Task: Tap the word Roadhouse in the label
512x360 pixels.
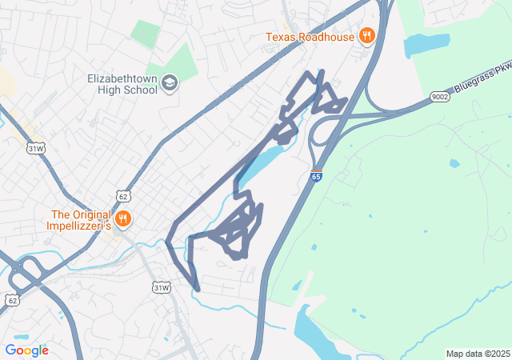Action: point(326,37)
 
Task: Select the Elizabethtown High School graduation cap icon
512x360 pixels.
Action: point(170,82)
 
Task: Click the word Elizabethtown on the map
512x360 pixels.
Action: point(124,78)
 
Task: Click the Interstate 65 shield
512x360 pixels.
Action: point(316,176)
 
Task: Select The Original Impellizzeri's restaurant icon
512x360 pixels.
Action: point(122,218)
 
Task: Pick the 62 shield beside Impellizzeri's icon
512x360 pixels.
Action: point(122,195)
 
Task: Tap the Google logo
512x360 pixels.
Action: point(26,350)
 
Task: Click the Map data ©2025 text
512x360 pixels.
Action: point(477,354)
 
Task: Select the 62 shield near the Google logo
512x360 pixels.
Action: point(12,300)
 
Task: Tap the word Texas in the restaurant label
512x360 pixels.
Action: point(281,37)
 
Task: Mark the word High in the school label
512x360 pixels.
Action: point(107,90)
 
